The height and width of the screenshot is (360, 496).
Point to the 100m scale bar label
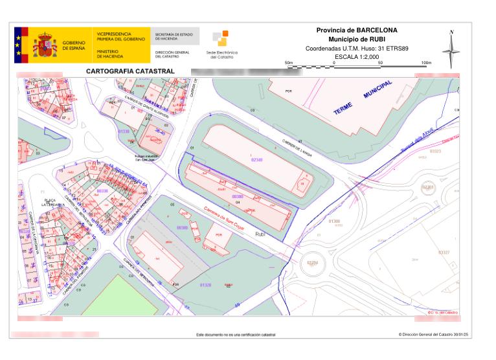pyautogui.click(x=425, y=62)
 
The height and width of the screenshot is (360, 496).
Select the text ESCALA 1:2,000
pyautogui.click(x=357, y=56)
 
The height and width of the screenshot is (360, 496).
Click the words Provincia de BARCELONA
pyautogui.click(x=357, y=30)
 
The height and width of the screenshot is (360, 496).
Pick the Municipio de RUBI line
pyautogui.click(x=357, y=39)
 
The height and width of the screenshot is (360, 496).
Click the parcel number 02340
pyautogui.click(x=256, y=159)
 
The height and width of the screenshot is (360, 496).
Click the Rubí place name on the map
pyautogui.click(x=260, y=234)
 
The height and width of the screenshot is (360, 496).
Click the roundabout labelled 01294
pyautogui.click(x=313, y=262)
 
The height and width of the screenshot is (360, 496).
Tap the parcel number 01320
pyautogui.click(x=205, y=285)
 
